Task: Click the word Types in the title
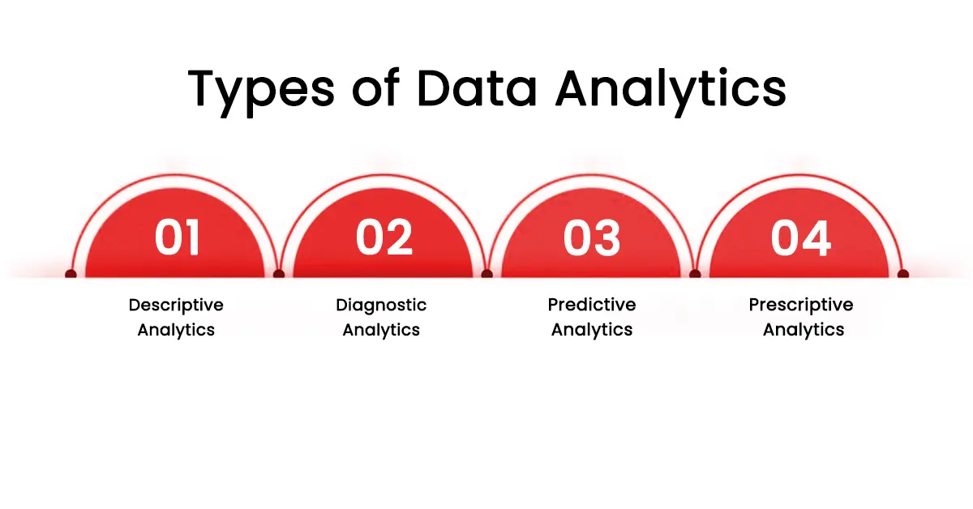(260, 89)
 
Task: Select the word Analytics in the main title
(671, 89)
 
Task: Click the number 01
(177, 238)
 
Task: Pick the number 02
(384, 238)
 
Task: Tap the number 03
(592, 238)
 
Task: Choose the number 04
(800, 238)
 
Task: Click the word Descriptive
(176, 306)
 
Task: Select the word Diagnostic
(381, 306)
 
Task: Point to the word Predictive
(592, 306)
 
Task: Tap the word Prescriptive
(801, 306)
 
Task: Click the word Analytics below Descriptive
(176, 330)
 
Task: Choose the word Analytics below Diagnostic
(381, 330)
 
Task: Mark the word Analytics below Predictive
(592, 330)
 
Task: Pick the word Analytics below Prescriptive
(804, 330)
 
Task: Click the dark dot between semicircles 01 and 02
(279, 274)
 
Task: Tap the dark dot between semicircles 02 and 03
(486, 274)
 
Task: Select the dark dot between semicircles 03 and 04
(695, 274)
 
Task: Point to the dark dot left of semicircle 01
(71, 274)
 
